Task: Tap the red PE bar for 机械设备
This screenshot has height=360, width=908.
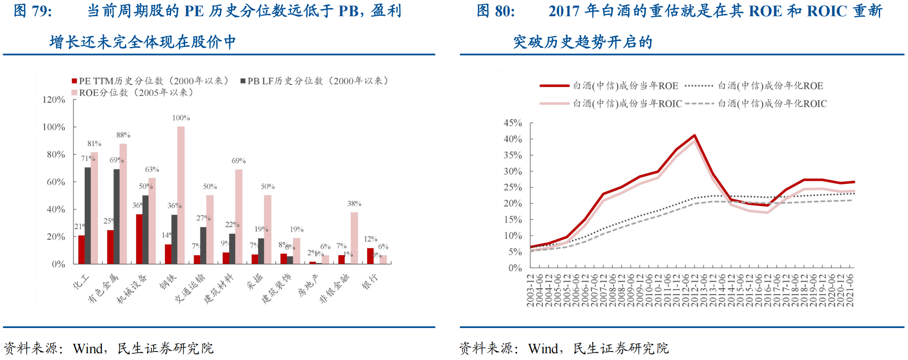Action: [139, 239]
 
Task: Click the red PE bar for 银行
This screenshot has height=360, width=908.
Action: [370, 256]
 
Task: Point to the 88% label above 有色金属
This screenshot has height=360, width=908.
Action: [123, 135]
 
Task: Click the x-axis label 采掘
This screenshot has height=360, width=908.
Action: [255, 282]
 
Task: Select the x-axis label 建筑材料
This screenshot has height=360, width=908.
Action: [219, 288]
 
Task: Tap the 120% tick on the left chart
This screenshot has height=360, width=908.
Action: [54, 100]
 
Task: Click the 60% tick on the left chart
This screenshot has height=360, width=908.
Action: [56, 182]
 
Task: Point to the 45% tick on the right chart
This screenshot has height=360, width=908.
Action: [513, 123]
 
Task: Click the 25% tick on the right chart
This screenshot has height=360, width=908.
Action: [513, 187]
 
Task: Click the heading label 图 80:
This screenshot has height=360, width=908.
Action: [496, 11]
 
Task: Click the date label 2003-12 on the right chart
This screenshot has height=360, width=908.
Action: [531, 291]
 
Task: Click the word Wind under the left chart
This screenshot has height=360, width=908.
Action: [88, 348]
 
